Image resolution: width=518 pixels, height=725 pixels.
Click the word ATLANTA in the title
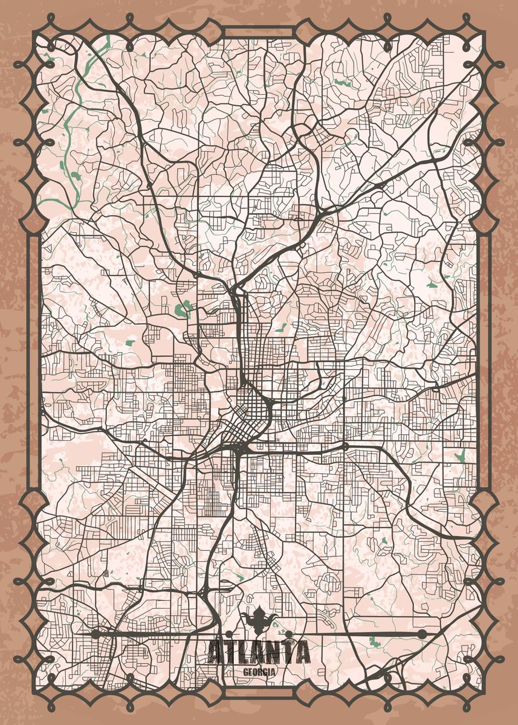coord(259,652)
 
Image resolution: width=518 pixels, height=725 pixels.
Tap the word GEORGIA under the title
coord(259,672)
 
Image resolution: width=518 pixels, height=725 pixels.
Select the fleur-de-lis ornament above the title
coord(259,619)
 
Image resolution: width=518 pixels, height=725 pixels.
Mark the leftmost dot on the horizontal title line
coord(95,634)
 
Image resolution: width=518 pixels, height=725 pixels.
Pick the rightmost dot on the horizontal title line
coord(422,634)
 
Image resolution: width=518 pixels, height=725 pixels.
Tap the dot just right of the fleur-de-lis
coord(289,634)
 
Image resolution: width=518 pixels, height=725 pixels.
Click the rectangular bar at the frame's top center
coord(259,31)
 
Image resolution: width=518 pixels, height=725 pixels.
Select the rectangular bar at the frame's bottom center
coord(259,691)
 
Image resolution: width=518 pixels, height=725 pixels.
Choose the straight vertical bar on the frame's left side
coord(34,362)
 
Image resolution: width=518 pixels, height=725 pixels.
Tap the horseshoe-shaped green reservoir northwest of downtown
coord(183,309)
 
